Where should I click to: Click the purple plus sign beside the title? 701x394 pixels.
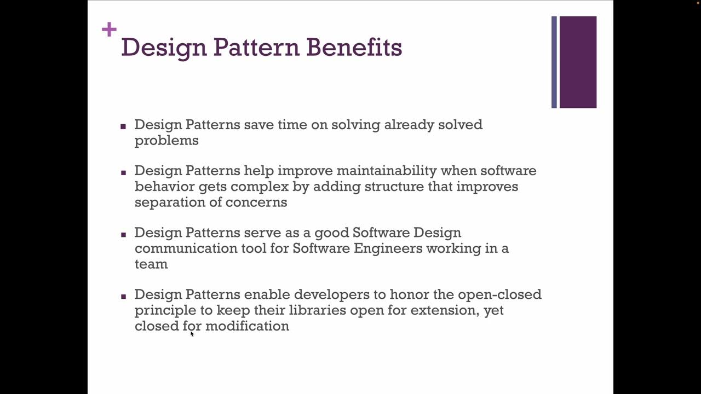pos(109,30)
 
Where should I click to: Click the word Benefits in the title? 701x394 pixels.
pos(354,47)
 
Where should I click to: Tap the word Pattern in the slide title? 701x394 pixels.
pos(256,47)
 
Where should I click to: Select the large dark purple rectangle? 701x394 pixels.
pos(578,62)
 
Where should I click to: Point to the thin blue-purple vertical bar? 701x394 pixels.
pos(554,62)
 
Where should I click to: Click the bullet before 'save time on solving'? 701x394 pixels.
pos(123,126)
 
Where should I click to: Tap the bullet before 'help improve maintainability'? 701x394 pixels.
pos(123,172)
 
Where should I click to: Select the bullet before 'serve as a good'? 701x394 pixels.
pos(123,234)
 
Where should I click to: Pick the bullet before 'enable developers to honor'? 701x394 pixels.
pos(123,296)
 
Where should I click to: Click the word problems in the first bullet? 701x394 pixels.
pos(166,141)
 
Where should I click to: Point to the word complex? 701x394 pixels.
pos(257,187)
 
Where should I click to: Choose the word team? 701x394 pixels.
pos(151,264)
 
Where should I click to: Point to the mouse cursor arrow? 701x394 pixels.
pos(192,333)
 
